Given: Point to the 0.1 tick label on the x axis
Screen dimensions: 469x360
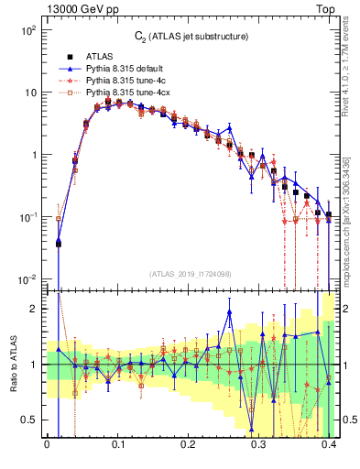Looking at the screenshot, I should point(117,448).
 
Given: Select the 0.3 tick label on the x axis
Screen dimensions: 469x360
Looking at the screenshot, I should point(259,448).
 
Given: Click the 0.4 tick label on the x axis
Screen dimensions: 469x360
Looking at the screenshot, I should point(330,448).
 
